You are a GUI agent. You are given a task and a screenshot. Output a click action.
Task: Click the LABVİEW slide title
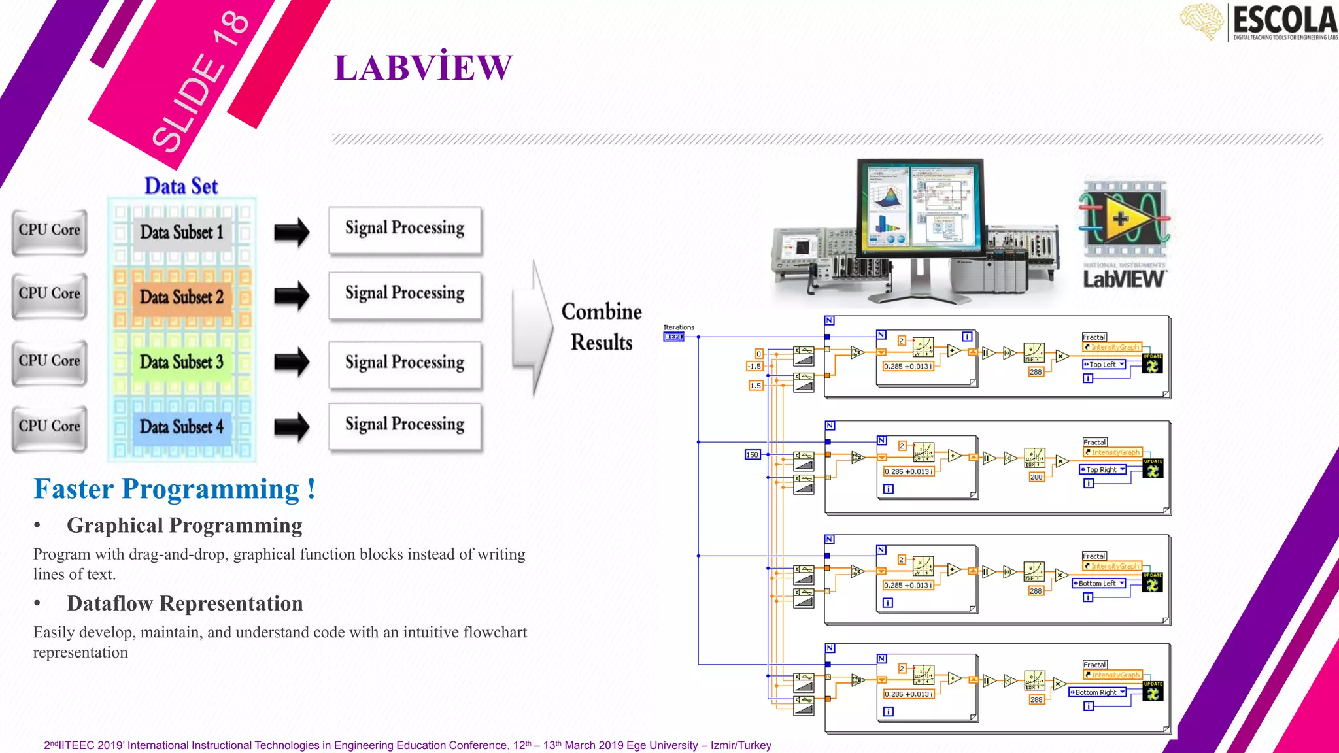pos(423,68)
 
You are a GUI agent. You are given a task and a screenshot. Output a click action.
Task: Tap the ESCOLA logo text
pos(1284,21)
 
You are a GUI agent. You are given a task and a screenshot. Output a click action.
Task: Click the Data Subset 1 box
pos(182,232)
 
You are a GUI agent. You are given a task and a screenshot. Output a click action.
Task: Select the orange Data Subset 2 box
pos(182,297)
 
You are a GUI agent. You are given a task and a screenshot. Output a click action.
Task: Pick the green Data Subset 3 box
pos(182,361)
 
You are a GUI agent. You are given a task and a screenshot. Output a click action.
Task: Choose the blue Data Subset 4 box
pos(182,427)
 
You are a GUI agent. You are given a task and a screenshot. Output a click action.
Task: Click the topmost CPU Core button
pos(50,231)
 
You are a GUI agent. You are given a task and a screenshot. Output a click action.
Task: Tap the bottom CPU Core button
pos(50,427)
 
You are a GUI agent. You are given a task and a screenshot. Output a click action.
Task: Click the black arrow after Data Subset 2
pos(292,296)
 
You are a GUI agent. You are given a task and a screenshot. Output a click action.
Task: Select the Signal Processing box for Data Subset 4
pos(405,425)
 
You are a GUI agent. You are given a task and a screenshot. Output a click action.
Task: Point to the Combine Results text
pos(602,327)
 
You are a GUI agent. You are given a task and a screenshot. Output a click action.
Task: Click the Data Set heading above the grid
pos(181,186)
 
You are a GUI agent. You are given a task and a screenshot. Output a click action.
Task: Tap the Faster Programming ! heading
pos(175,489)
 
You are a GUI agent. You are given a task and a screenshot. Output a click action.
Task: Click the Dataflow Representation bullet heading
pos(184,603)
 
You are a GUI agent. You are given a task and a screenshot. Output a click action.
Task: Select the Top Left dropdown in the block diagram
pos(1104,365)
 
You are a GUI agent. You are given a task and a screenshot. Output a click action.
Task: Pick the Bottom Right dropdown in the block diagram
pos(1098,692)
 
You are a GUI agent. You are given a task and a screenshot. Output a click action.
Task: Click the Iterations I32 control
pos(673,337)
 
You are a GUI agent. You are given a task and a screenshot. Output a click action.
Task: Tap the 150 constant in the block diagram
pos(753,454)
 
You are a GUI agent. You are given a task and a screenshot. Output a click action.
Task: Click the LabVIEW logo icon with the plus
pos(1123,219)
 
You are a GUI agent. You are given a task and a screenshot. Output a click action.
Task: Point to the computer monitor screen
pos(920,206)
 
